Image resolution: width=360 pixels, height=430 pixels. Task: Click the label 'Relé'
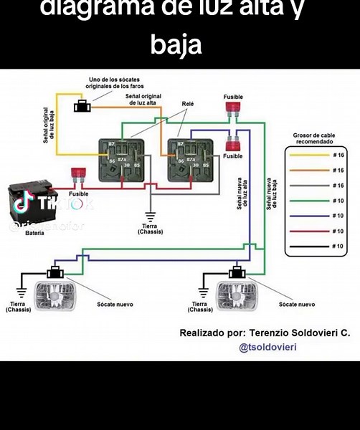188,103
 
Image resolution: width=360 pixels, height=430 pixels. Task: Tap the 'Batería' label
34,233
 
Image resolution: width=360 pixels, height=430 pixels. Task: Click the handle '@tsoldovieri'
267,347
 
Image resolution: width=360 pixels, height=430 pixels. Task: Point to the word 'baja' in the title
176,44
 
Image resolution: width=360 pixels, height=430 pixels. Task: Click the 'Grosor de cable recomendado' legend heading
314,138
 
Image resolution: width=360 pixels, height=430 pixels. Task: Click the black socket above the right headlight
236,272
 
